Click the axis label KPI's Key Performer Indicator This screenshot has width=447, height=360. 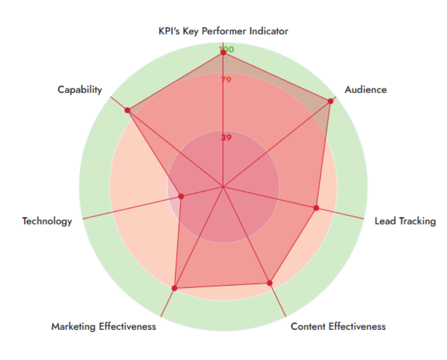[x=223, y=31]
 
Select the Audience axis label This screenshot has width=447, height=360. [x=366, y=90]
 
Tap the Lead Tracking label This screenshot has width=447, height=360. [x=405, y=221]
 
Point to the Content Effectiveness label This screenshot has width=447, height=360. [x=338, y=326]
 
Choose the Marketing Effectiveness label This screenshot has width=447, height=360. [x=103, y=326]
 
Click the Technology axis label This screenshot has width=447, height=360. [x=47, y=221]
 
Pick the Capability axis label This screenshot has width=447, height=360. [x=79, y=90]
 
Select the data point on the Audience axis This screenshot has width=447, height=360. [x=330, y=101]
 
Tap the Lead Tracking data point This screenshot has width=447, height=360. [x=316, y=208]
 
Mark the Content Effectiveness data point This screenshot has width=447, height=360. [x=270, y=283]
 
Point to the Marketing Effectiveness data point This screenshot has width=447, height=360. [x=174, y=288]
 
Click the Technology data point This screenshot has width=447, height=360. [x=181, y=196]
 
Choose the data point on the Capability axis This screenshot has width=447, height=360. [x=127, y=110]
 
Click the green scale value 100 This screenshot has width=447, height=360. [x=226, y=49]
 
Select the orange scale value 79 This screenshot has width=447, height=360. [x=226, y=80]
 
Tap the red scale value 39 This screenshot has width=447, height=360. [x=226, y=137]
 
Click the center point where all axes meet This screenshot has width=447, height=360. [x=223, y=187]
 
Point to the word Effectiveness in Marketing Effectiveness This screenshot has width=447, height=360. [x=127, y=326]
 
